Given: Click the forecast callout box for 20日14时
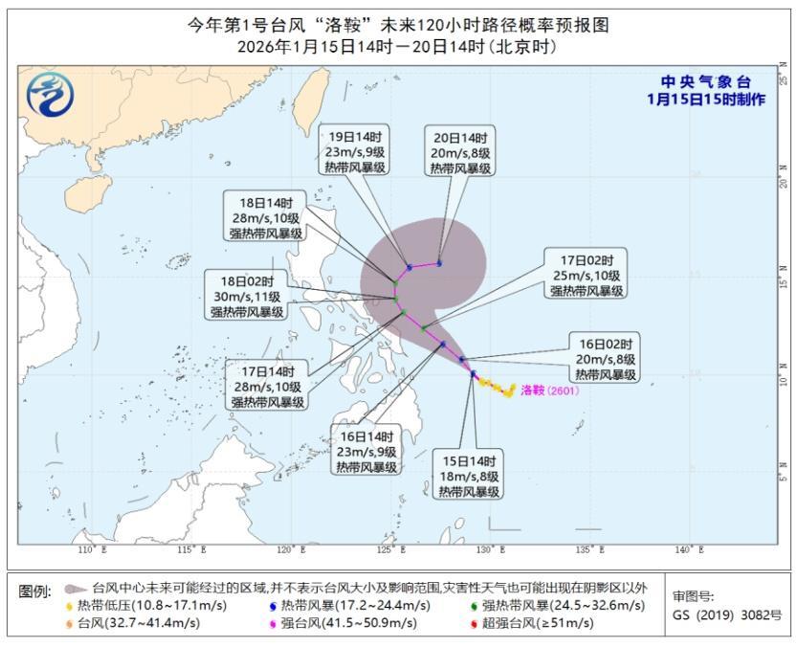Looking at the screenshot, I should [460, 152].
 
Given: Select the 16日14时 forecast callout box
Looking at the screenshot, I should [366, 451].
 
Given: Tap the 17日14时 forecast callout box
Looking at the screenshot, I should [267, 386].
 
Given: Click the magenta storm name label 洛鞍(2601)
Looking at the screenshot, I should [549, 390].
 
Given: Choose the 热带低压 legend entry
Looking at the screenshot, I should [129, 606].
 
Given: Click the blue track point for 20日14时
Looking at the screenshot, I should [439, 263].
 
